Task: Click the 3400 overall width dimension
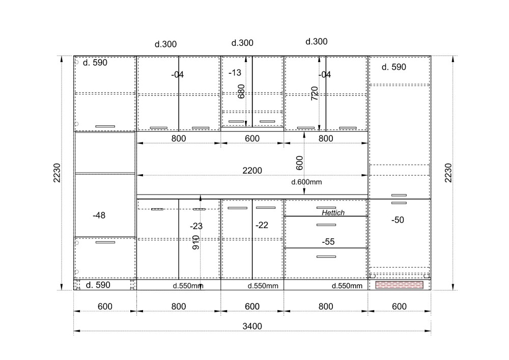point(252,326)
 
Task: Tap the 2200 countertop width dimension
point(252,171)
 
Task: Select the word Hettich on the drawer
point(333,213)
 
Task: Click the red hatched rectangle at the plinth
point(399,285)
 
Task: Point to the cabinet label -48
point(99,215)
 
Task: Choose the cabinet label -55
point(328,241)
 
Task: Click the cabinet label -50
point(398,220)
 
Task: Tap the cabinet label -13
point(235,73)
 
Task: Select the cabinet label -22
point(262,225)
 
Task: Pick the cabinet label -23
point(196,226)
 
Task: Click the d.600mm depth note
point(306,182)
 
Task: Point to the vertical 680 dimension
point(241,92)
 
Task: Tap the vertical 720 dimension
point(315,93)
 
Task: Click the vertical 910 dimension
point(196,242)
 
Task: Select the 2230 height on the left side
point(57,173)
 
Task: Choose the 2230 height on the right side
point(448,173)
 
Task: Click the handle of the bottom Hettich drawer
point(326,257)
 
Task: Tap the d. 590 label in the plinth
point(98,285)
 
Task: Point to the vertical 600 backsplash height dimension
point(299,163)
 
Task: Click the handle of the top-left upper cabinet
point(105,126)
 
